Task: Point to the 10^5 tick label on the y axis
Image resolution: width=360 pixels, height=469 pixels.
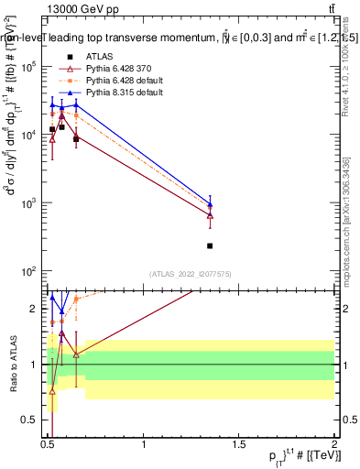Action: pyautogui.click(x=29, y=67)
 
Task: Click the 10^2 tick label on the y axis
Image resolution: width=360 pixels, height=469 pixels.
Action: pyautogui.click(x=29, y=271)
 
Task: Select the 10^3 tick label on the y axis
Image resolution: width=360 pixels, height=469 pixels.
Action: pyautogui.click(x=29, y=203)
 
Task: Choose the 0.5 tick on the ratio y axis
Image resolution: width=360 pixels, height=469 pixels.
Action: pyautogui.click(x=31, y=420)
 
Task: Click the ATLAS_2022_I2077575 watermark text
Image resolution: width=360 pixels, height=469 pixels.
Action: pyautogui.click(x=189, y=274)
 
